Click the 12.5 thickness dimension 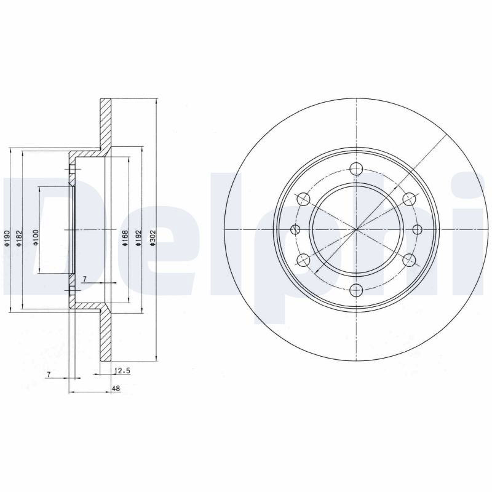tap(122, 371)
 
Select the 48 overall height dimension tap(116, 389)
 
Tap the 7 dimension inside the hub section tap(84, 279)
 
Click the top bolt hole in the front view tap(357, 169)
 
